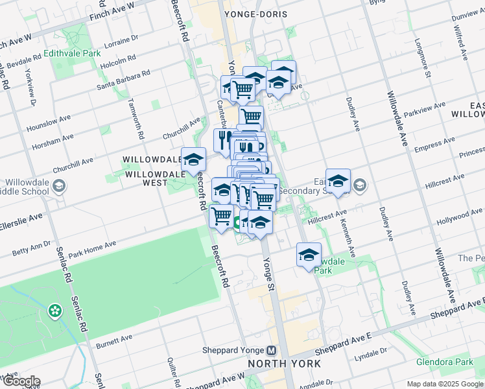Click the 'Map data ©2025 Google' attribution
click(x=445, y=384)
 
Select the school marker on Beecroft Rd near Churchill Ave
click(x=193, y=159)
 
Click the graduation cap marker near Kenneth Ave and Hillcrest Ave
click(x=338, y=181)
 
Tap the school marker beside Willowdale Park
click(x=309, y=254)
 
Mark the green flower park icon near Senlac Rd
click(x=55, y=311)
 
